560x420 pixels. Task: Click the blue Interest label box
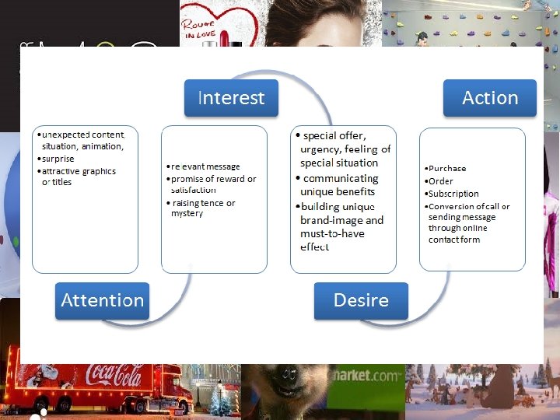coord(231,98)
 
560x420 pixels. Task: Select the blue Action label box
coord(490,98)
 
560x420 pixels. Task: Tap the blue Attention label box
coord(102,300)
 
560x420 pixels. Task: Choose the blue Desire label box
coord(361,300)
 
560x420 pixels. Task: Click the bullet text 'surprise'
coord(58,159)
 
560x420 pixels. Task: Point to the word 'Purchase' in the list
coord(447,168)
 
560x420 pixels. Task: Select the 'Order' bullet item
coord(441,181)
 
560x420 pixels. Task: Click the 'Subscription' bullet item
coord(453,194)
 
